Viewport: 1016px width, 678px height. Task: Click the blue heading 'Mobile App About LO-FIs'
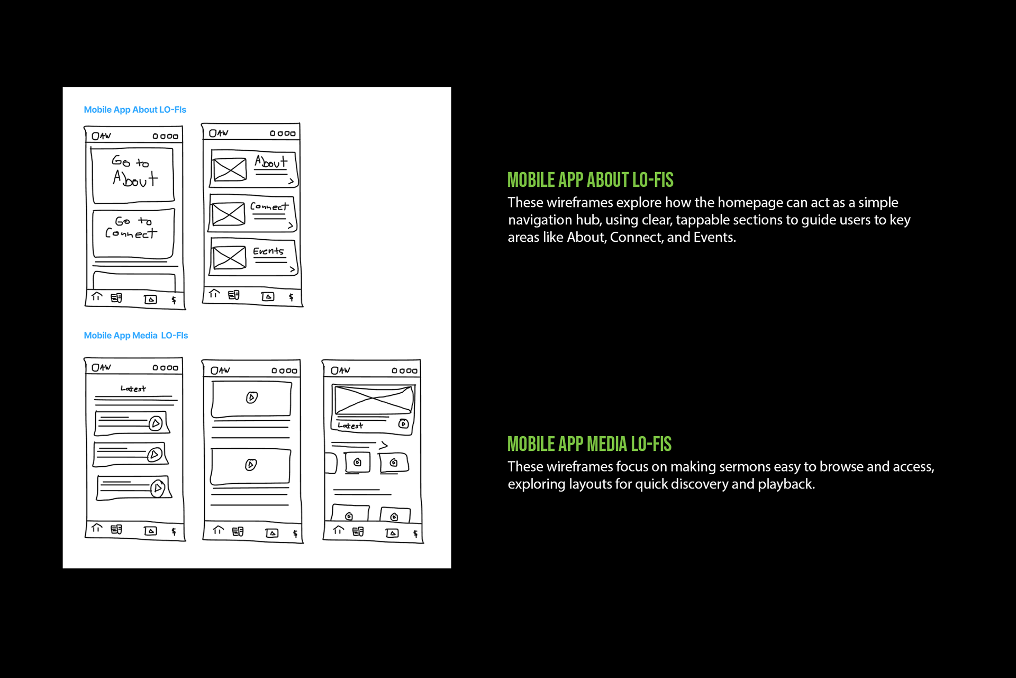pyautogui.click(x=135, y=110)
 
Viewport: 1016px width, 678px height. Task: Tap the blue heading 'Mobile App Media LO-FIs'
pyautogui.click(x=135, y=336)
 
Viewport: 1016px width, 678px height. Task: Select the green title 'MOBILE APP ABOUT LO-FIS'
pyautogui.click(x=590, y=180)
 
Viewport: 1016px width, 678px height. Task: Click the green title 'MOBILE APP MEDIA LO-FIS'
pyautogui.click(x=589, y=444)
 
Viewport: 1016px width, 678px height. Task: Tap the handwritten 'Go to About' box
pyautogui.click(x=133, y=175)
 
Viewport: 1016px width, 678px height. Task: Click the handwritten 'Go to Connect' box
pyautogui.click(x=133, y=233)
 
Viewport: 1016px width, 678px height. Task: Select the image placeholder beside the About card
pyautogui.click(x=230, y=169)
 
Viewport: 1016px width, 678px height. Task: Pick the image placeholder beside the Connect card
pyautogui.click(x=229, y=214)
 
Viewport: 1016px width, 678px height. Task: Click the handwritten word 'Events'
pyautogui.click(x=268, y=251)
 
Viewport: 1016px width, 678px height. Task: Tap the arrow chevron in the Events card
pyautogui.click(x=292, y=269)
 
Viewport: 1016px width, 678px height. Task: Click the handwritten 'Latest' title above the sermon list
pyautogui.click(x=133, y=389)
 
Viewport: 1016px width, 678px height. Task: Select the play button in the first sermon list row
pyautogui.click(x=156, y=423)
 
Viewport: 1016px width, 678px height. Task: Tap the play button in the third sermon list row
pyautogui.click(x=157, y=488)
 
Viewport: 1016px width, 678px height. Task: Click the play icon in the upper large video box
pyautogui.click(x=252, y=397)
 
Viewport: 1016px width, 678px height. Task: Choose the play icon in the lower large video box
pyautogui.click(x=251, y=465)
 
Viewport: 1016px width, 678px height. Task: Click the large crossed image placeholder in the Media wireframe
pyautogui.click(x=373, y=400)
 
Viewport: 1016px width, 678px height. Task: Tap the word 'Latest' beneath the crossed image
pyautogui.click(x=350, y=426)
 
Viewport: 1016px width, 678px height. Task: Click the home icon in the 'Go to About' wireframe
pyautogui.click(x=96, y=297)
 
